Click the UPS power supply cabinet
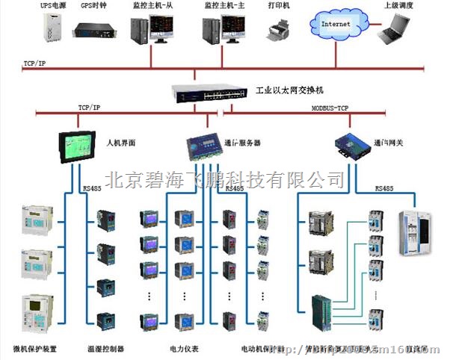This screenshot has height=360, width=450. tap(51, 27)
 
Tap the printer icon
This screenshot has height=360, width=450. tap(278, 30)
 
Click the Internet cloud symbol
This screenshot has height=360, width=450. tap(335, 24)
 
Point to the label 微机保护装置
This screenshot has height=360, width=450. tap(35, 349)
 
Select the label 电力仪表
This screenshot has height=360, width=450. tap(184, 349)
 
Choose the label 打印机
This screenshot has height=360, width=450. tap(279, 5)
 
